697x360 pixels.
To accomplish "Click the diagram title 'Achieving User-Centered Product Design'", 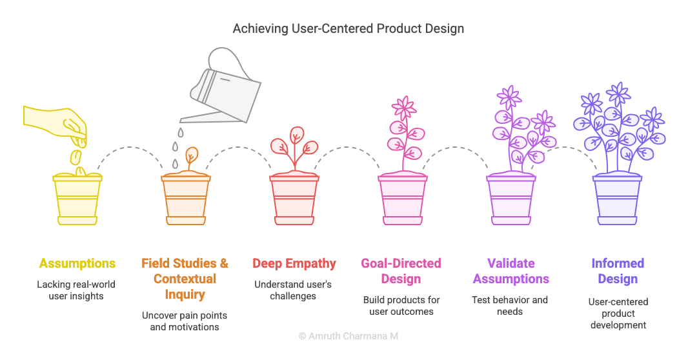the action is pyautogui.click(x=348, y=28).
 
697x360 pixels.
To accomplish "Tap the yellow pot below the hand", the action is pyautogui.click(x=77, y=199).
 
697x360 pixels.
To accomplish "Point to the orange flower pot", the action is pyautogui.click(x=186, y=199).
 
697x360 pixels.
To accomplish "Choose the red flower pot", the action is pyautogui.click(x=294, y=199).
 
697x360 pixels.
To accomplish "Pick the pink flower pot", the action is pyautogui.click(x=403, y=199).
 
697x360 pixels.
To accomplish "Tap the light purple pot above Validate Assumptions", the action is pyautogui.click(x=511, y=199).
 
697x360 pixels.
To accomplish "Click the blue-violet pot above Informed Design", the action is pyautogui.click(x=618, y=199).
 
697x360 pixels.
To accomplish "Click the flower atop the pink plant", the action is pyautogui.click(x=403, y=107).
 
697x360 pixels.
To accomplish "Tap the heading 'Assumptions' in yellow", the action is pyautogui.click(x=77, y=264).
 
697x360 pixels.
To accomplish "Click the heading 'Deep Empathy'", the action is pyautogui.click(x=294, y=264).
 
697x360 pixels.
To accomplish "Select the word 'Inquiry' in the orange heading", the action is pyautogui.click(x=185, y=295).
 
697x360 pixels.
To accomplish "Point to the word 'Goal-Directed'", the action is pyautogui.click(x=401, y=264).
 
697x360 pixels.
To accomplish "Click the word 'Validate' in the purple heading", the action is pyautogui.click(x=511, y=264).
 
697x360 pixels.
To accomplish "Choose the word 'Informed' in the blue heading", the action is pyautogui.click(x=618, y=264).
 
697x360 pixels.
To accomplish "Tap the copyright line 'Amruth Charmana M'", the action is pyautogui.click(x=348, y=336).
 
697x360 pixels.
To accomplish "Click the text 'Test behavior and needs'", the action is pyautogui.click(x=510, y=306).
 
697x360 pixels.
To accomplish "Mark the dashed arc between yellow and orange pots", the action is pyautogui.click(x=130, y=147).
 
